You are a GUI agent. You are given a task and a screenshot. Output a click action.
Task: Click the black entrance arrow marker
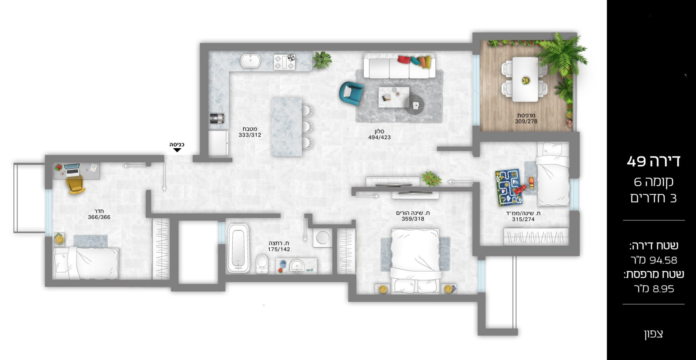click(x=177, y=150)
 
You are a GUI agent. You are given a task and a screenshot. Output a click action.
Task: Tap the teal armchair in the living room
click(x=351, y=93)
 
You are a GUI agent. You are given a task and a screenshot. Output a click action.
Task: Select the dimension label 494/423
click(x=379, y=137)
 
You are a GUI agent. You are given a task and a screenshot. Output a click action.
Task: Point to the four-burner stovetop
click(x=284, y=62)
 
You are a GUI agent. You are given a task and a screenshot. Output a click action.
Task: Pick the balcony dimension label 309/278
click(x=526, y=122)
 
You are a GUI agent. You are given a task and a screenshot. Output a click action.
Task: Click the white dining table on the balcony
click(x=525, y=80)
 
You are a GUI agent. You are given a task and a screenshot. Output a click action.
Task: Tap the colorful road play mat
click(x=508, y=187)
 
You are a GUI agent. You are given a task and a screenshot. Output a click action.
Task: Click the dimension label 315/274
click(x=523, y=220)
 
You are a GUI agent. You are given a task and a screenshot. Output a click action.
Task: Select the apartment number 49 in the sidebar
click(x=636, y=162)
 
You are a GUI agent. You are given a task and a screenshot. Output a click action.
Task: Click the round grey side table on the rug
click(x=414, y=105)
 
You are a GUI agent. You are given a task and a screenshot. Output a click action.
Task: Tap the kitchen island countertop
click(x=286, y=126)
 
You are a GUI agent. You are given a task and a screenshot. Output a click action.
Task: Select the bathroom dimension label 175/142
click(x=279, y=250)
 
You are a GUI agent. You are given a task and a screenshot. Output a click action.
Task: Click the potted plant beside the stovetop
click(x=322, y=60)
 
